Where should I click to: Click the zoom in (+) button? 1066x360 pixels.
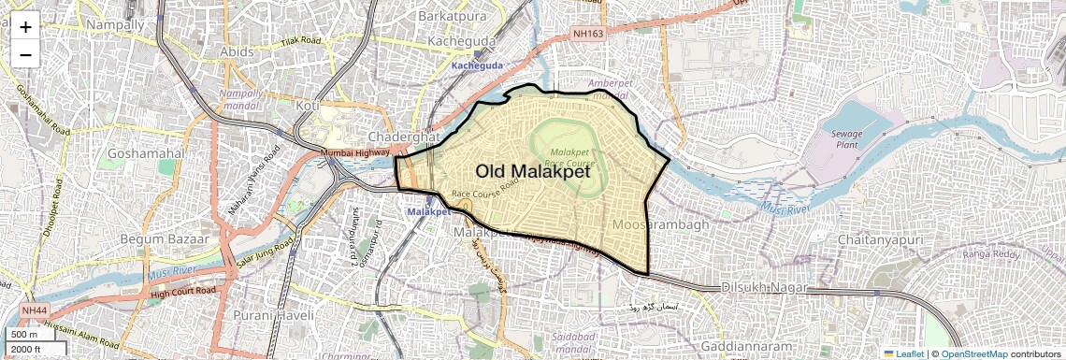click(x=25, y=27)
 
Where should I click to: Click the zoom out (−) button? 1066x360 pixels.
click(x=25, y=54)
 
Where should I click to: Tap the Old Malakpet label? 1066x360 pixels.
click(x=533, y=171)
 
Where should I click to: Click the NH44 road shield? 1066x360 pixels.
click(x=35, y=310)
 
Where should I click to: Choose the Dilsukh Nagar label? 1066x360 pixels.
click(x=763, y=289)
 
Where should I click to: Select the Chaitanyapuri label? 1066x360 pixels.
click(x=880, y=240)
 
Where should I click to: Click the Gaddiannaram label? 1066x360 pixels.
click(x=747, y=346)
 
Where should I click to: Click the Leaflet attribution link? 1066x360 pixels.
click(x=904, y=353)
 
